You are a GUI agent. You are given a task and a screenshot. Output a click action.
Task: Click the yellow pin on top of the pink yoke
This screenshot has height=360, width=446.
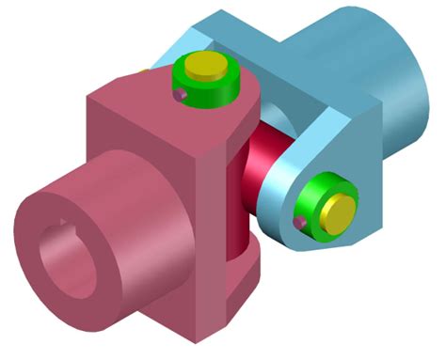click(x=203, y=66)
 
